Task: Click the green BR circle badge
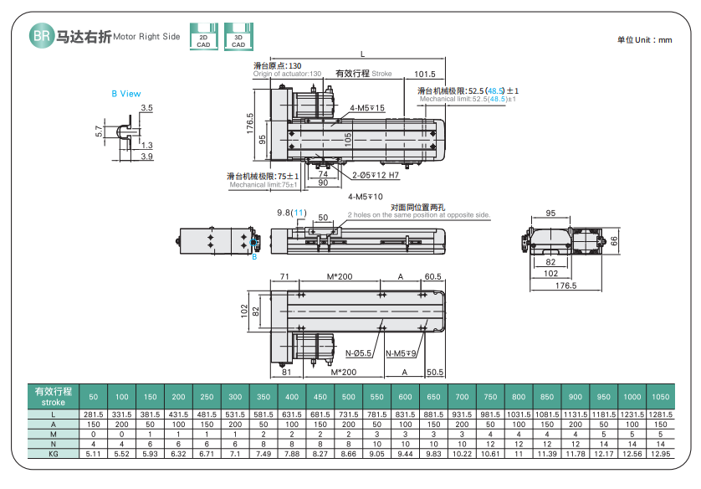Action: pos(41,36)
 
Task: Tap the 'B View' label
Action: pos(126,94)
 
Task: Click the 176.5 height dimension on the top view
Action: pos(249,122)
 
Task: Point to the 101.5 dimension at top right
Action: pos(425,73)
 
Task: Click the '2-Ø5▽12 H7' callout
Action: pos(376,176)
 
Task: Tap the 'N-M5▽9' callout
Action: pos(402,353)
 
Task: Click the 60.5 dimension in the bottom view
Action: pos(432,276)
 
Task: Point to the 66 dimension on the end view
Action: pos(612,240)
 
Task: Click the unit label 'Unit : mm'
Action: pos(644,39)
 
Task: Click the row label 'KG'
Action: pos(53,454)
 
